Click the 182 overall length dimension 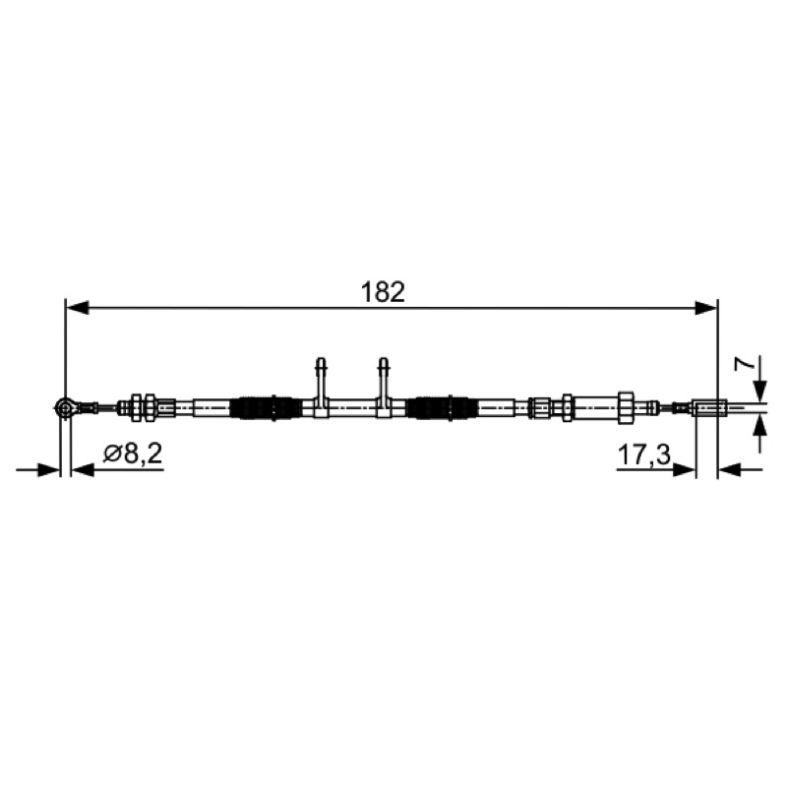(x=383, y=292)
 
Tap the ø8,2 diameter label (x=133, y=454)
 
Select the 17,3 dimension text (x=644, y=455)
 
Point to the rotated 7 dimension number (x=745, y=364)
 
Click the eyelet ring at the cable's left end (x=65, y=407)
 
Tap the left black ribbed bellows (x=266, y=407)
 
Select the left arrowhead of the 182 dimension (x=78, y=308)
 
